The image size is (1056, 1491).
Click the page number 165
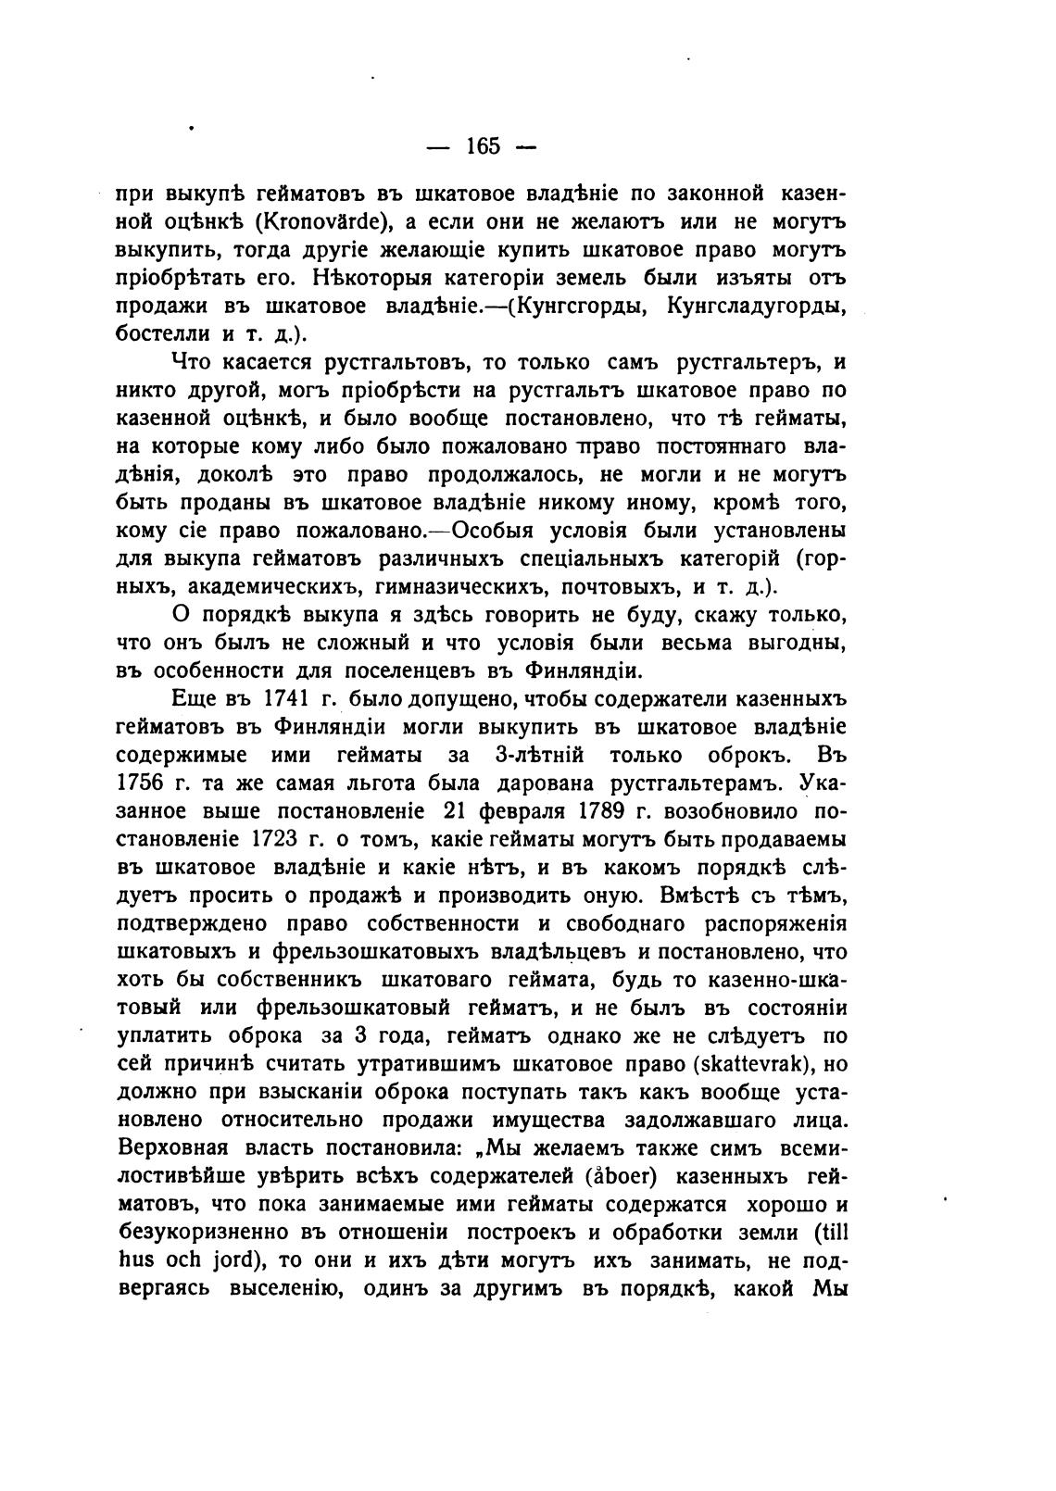click(483, 146)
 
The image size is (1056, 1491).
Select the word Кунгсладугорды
click(757, 307)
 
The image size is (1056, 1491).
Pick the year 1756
click(144, 783)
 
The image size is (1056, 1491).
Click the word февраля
click(524, 811)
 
